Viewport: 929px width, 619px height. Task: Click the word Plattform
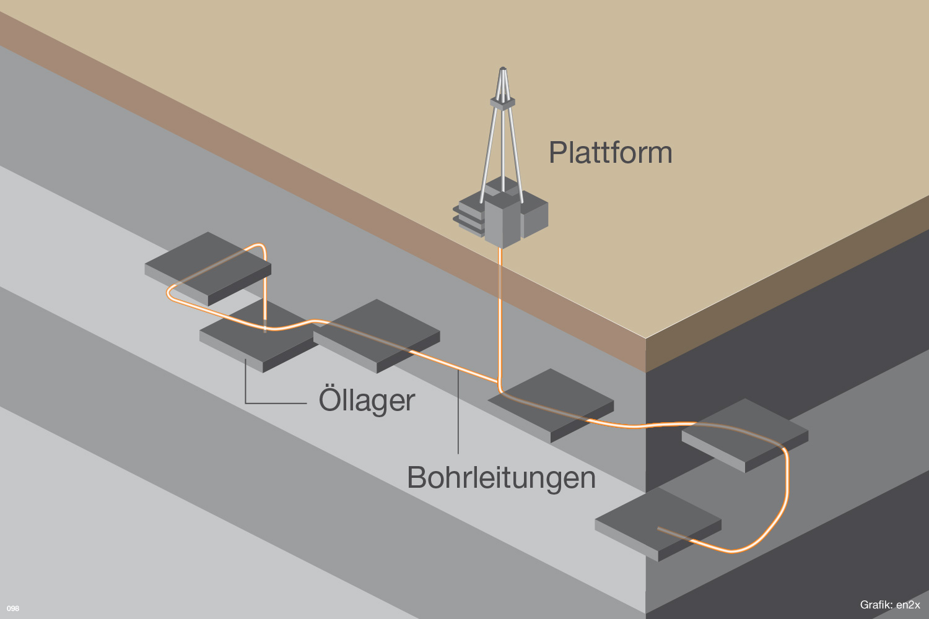click(x=610, y=152)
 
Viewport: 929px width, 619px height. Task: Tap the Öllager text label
click(x=367, y=400)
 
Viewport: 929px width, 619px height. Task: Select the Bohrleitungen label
click(x=501, y=478)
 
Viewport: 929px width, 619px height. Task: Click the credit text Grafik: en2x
click(x=889, y=605)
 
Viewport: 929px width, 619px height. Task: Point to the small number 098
click(x=13, y=608)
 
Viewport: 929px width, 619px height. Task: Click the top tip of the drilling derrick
click(x=504, y=69)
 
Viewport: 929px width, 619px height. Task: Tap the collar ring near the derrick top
click(x=503, y=102)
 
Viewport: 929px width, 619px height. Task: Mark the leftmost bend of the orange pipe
click(x=169, y=293)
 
